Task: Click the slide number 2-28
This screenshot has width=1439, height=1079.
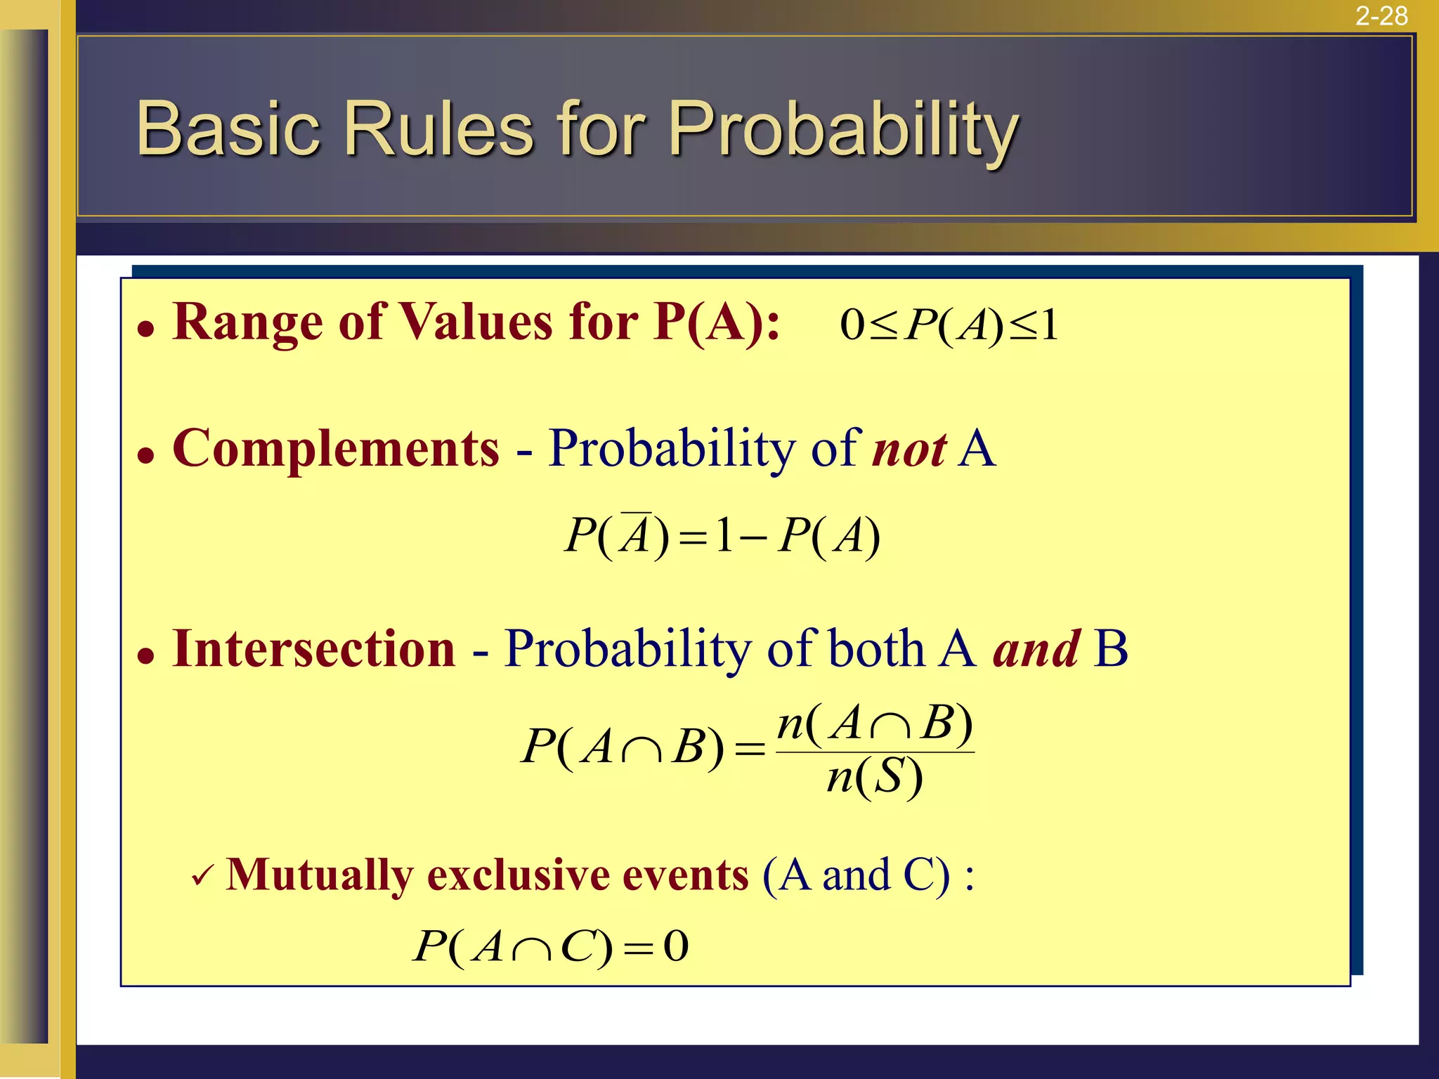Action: [x=1381, y=15]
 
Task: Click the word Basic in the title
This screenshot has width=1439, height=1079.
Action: [x=228, y=129]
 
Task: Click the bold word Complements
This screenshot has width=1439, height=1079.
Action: [x=336, y=449]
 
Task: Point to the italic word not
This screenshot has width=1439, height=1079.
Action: [x=909, y=450]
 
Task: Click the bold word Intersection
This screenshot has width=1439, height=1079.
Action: [x=314, y=648]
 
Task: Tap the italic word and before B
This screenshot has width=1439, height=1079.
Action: [x=1036, y=648]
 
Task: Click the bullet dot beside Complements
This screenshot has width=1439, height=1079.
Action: [x=145, y=456]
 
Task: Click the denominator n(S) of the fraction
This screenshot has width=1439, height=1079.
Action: [x=874, y=778]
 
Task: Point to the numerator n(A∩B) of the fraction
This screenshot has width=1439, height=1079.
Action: [x=875, y=724]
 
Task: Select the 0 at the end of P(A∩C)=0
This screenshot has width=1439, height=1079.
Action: [x=676, y=946]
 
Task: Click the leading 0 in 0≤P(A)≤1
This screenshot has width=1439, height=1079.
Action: [x=852, y=325]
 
